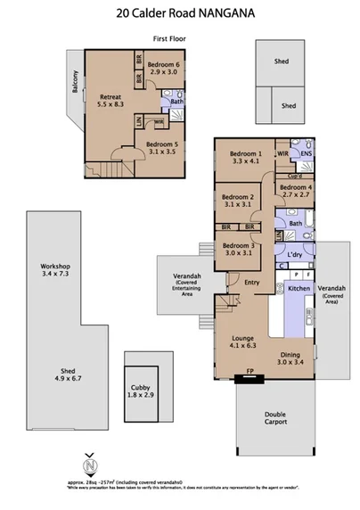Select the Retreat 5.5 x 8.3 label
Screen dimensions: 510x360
pyautogui.click(x=110, y=99)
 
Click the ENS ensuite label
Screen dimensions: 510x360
pyautogui.click(x=305, y=154)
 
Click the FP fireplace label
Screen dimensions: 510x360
pyautogui.click(x=248, y=374)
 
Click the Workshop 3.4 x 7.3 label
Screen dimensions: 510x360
pyautogui.click(x=55, y=271)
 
